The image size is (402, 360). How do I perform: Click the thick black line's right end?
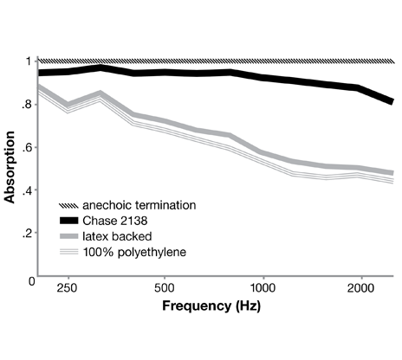[392, 101]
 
